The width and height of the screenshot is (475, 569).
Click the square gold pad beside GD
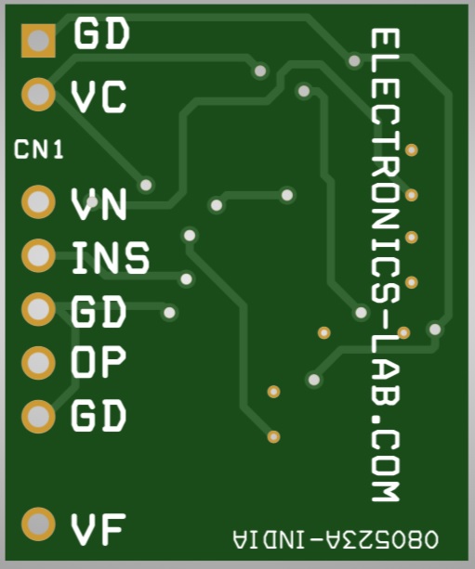point(38,41)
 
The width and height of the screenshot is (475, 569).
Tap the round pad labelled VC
point(38,95)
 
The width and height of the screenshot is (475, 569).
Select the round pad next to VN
point(38,201)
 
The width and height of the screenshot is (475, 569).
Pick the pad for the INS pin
point(38,255)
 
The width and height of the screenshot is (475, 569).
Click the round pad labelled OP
point(38,363)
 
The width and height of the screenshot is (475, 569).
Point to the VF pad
point(38,524)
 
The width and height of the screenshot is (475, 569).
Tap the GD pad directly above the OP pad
point(38,309)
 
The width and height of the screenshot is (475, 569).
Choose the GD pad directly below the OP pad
point(38,417)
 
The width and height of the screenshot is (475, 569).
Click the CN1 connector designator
point(38,149)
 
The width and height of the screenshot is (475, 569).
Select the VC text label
point(99,97)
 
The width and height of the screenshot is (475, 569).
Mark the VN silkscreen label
point(99,204)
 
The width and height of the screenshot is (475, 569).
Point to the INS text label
point(111,257)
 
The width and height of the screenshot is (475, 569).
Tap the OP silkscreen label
point(99,361)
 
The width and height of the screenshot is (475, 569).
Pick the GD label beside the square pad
point(101,33)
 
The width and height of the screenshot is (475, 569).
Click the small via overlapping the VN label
point(92,201)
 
